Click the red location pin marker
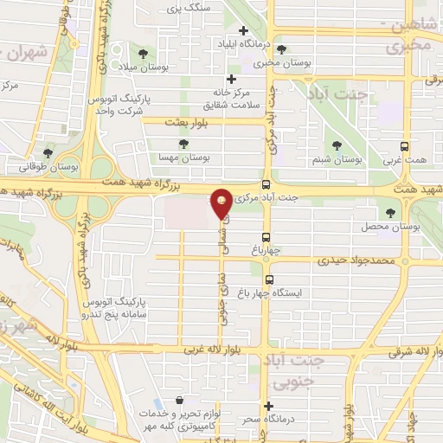pos(221,203)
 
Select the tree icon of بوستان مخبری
pos(281,49)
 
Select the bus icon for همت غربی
pos(405,147)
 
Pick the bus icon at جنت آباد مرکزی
pos(266,184)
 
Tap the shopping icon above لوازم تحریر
pos(179,400)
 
